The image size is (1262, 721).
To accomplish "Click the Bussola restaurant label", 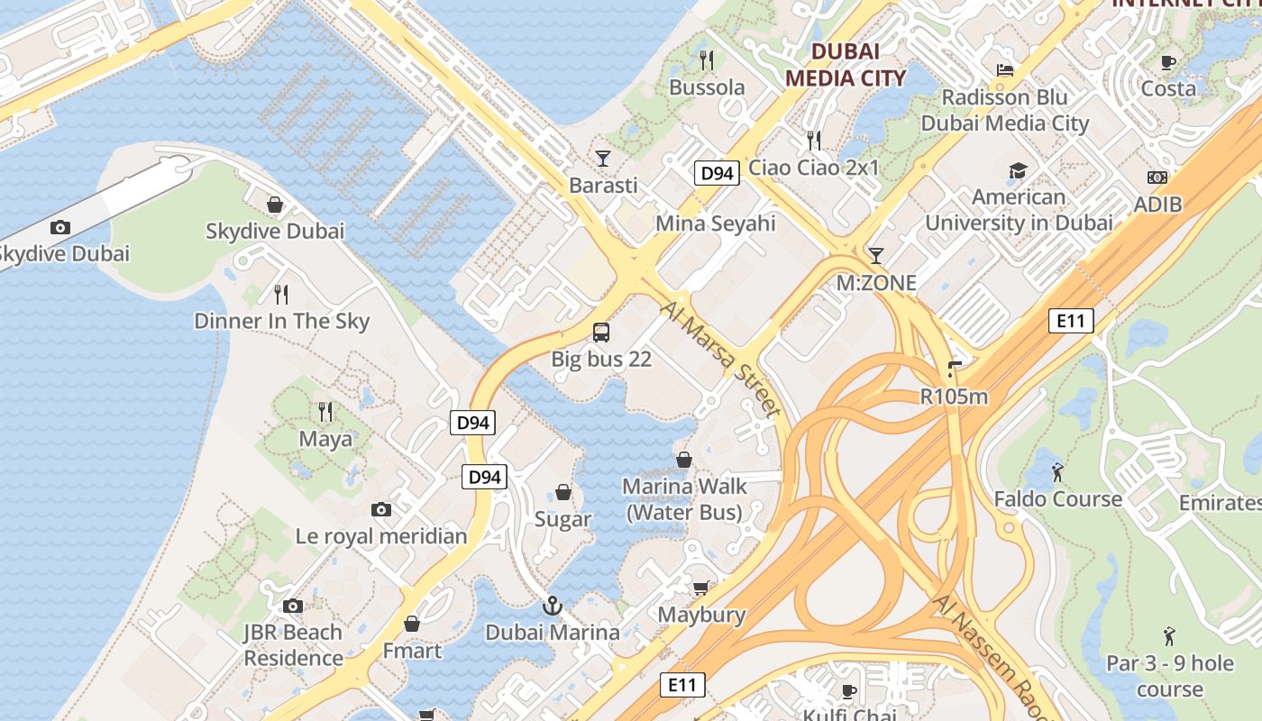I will [707, 87].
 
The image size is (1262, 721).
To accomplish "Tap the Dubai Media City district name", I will [845, 65].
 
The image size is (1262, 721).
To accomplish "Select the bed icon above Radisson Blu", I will [1005, 69].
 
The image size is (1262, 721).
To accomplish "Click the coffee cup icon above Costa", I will [1168, 62].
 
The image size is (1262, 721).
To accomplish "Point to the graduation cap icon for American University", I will [1018, 170].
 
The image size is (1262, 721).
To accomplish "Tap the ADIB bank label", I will [1157, 205].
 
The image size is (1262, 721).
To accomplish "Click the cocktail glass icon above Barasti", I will [603, 159].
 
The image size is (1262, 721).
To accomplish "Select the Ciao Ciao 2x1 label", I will [814, 167].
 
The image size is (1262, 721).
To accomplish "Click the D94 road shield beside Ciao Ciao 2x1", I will [718, 173].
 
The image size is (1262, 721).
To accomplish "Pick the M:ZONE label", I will [876, 283].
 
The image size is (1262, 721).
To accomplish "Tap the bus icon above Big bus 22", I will [601, 333].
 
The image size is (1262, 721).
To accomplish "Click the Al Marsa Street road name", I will [721, 359].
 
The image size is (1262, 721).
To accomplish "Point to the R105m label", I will [954, 396].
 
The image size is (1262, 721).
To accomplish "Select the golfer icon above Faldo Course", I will [1057, 471].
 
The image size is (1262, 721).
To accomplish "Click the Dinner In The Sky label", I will [282, 321].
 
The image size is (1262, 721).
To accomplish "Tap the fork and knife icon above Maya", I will [325, 412].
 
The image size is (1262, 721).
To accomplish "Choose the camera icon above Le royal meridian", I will [381, 510].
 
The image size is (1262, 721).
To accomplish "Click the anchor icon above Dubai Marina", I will [553, 606].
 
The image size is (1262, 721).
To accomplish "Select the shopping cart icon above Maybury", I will [700, 589].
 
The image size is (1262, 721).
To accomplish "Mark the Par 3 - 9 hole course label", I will [1170, 676].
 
